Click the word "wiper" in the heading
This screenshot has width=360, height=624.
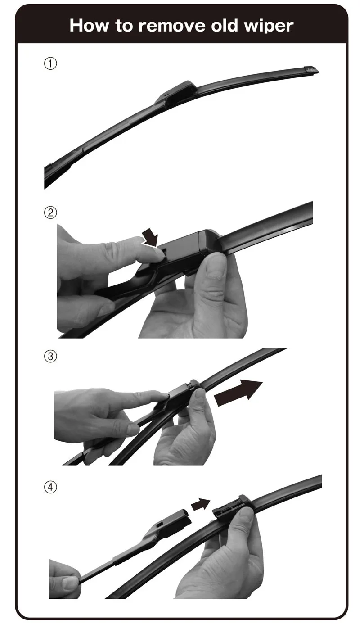269,27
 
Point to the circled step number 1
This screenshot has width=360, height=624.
50,63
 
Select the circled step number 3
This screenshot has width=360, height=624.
50,356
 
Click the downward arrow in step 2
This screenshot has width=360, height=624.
150,237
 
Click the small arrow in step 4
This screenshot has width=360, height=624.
200,504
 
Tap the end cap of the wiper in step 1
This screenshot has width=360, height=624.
310,70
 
